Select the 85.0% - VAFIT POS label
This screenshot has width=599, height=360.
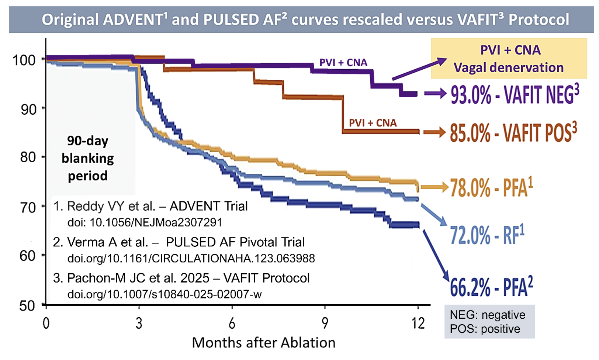(513, 132)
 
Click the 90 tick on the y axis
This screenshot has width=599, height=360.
(28, 110)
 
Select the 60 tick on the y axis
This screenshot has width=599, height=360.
(28, 256)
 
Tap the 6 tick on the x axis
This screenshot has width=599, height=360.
(232, 323)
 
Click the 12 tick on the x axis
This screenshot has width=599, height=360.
(418, 323)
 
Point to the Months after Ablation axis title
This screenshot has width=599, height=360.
(263, 343)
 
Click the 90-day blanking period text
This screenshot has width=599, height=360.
(88, 158)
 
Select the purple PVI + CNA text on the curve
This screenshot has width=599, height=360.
(343, 63)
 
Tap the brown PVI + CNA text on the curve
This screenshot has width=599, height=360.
(373, 123)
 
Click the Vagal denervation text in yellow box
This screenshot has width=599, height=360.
(508, 67)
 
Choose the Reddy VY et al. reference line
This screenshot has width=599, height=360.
(150, 206)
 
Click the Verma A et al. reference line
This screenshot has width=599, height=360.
(179, 242)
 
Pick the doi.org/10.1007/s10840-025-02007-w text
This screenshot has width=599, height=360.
(165, 294)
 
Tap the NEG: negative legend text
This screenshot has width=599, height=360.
(487, 315)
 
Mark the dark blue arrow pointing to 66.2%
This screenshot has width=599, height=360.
(436, 255)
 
